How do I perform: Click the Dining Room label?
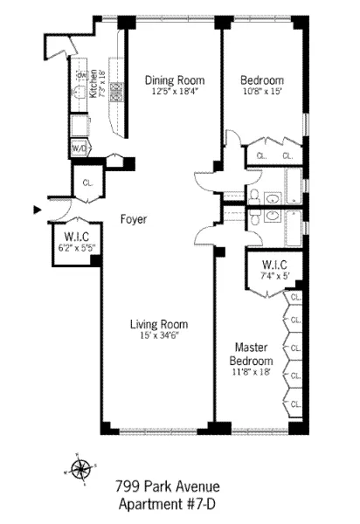click(x=173, y=79)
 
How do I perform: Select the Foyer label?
click(x=134, y=219)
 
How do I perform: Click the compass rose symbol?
click(x=80, y=469)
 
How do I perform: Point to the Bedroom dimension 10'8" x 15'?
click(x=262, y=91)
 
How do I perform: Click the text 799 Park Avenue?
click(x=167, y=486)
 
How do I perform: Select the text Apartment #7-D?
click(x=167, y=504)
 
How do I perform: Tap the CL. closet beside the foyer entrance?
click(x=88, y=183)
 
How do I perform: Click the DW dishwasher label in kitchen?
click(x=79, y=75)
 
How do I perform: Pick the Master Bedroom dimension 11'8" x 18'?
click(x=251, y=372)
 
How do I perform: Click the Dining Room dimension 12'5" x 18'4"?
click(x=173, y=91)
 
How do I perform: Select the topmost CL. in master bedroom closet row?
click(x=295, y=297)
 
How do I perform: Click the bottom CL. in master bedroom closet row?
click(x=295, y=403)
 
